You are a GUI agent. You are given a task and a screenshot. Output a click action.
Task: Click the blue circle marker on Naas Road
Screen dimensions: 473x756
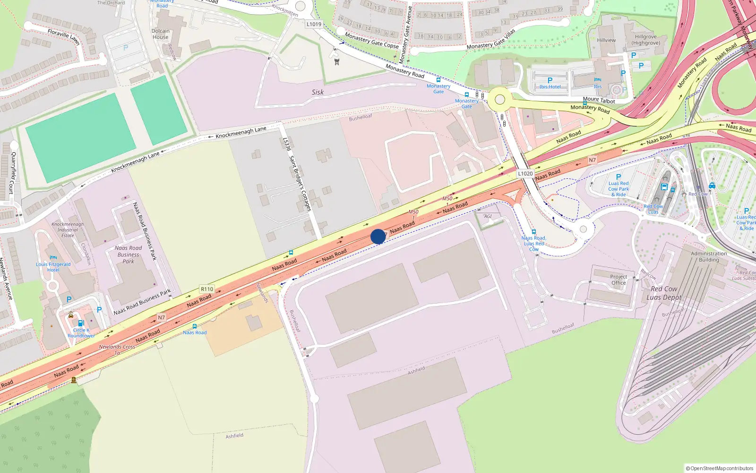click(x=378, y=236)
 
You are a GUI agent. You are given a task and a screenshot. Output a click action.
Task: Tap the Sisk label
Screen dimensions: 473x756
click(x=318, y=92)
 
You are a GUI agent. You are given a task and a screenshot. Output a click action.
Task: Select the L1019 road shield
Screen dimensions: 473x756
click(x=314, y=24)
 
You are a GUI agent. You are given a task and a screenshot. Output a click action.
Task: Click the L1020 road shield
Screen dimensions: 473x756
click(x=525, y=174)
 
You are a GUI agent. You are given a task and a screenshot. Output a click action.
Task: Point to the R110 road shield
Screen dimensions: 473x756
click(x=207, y=289)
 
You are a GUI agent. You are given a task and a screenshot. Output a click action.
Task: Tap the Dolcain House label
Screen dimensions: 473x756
click(x=161, y=34)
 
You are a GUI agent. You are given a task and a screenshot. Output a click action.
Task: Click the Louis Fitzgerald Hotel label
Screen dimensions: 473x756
click(x=53, y=267)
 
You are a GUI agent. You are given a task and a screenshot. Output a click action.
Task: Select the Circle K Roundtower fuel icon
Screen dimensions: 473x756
click(x=81, y=324)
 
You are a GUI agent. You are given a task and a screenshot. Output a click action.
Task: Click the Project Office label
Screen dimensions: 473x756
click(x=618, y=280)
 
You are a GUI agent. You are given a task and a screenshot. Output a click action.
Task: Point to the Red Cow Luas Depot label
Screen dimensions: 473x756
click(x=664, y=293)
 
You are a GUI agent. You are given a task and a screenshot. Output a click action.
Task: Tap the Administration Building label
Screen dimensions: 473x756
click(x=709, y=256)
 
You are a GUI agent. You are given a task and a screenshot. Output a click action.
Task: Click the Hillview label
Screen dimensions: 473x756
click(x=606, y=40)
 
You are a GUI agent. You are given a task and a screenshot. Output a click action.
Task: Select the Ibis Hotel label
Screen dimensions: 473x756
click(x=550, y=87)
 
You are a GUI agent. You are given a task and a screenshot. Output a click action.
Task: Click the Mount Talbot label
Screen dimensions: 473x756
click(x=599, y=100)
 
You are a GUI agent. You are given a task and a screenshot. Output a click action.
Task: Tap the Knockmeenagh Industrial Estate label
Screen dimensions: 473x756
click(x=68, y=230)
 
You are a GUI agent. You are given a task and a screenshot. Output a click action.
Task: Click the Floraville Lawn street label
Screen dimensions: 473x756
click(x=63, y=36)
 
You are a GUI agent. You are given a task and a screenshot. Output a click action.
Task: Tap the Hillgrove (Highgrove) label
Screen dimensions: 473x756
click(x=645, y=40)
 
